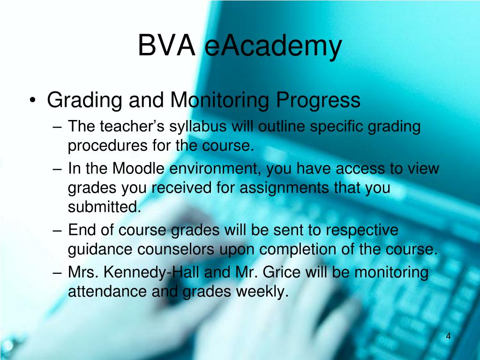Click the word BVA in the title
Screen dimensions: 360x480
(x=166, y=47)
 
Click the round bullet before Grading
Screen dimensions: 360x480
(x=32, y=101)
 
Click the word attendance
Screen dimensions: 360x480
(x=106, y=292)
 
